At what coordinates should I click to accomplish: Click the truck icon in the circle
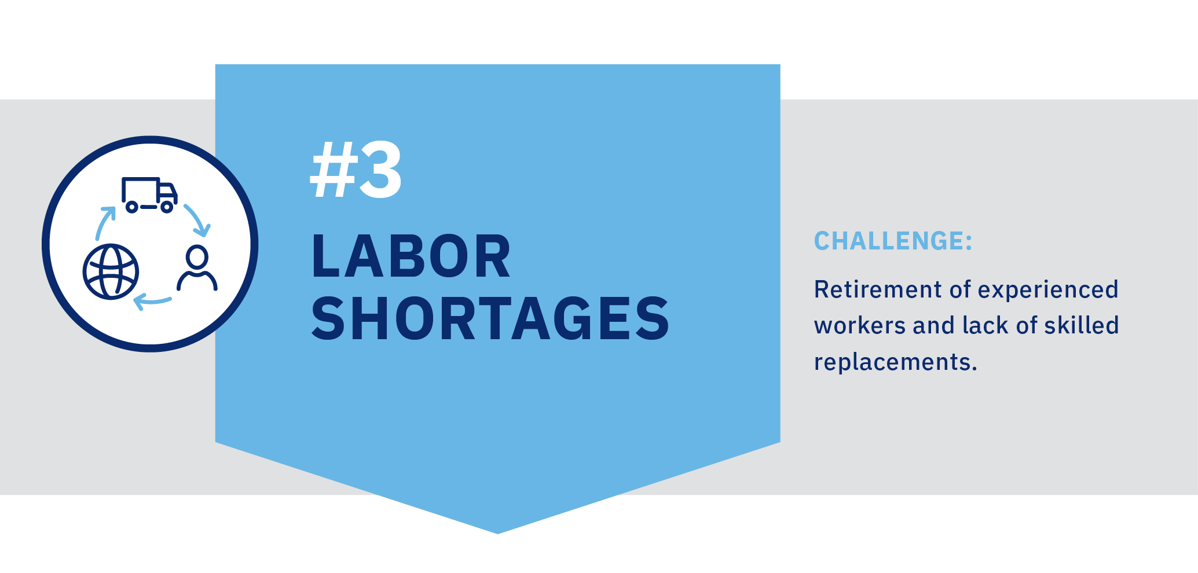149,195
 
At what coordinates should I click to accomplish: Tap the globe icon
111,271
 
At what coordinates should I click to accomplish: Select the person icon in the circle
197,268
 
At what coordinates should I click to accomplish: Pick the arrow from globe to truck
104,222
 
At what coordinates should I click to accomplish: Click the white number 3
380,171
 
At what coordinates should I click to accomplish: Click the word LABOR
411,256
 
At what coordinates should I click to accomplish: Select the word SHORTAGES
490,318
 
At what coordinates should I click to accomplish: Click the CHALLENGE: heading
893,241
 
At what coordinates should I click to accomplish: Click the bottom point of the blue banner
498,534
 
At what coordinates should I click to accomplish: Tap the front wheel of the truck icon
167,207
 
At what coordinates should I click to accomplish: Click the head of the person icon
197,256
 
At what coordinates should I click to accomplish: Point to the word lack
985,325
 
